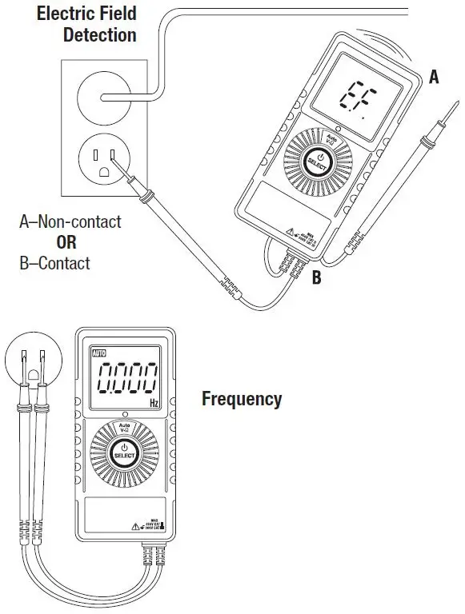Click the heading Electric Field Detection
tap(86, 24)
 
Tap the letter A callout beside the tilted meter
tap(434, 77)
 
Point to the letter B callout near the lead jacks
tap(316, 277)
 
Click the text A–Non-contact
tap(70, 222)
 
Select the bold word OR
tap(54, 243)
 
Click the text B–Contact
tap(54, 263)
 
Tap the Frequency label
tap(241, 398)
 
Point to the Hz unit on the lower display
tap(154, 402)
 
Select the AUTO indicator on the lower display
tap(99, 353)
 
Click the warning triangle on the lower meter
tap(136, 526)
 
